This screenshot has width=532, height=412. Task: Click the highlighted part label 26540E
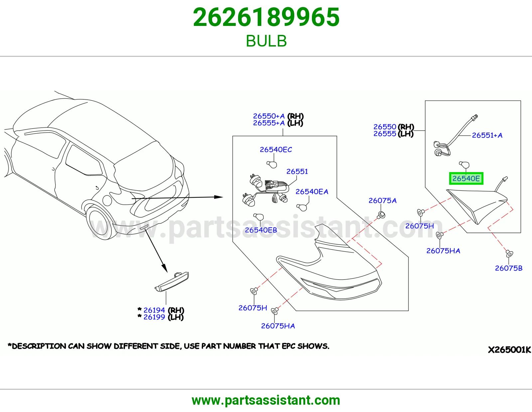(x=466, y=178)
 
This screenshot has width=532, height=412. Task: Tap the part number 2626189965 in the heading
(x=266, y=17)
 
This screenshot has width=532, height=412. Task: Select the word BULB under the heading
(x=266, y=41)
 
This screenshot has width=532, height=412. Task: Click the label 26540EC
(x=276, y=150)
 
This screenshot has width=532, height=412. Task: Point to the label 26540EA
(x=312, y=192)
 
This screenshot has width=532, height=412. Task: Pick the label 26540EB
(x=261, y=230)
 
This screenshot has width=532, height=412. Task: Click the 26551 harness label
(x=297, y=171)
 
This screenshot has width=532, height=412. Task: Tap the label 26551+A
(x=487, y=135)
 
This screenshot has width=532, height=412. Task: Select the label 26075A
(x=382, y=201)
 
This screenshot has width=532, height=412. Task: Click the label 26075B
(x=508, y=268)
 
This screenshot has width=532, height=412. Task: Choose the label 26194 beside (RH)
(x=154, y=310)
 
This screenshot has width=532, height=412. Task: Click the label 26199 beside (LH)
(x=154, y=317)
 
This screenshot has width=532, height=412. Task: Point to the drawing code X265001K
(x=509, y=350)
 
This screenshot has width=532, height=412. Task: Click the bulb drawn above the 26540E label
(x=464, y=165)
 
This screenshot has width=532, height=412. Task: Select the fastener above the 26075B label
(x=509, y=254)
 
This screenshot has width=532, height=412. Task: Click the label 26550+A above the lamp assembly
(x=269, y=116)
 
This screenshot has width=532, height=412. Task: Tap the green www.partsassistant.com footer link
(x=266, y=400)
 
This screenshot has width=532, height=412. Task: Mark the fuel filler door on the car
(x=107, y=200)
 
